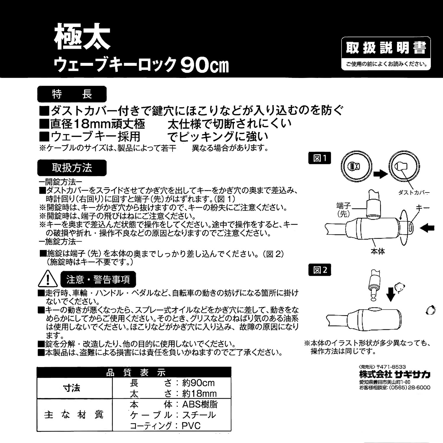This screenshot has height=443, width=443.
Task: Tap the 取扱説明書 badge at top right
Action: coord(386,48)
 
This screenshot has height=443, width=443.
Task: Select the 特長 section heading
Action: coord(72,94)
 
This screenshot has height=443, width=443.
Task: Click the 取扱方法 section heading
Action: coord(72,168)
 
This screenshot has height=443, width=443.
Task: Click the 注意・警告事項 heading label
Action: coord(98,279)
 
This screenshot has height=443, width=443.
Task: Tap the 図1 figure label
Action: coord(320,158)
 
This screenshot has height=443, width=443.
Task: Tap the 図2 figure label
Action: coord(320,270)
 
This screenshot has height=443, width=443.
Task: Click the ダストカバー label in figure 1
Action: coord(413,193)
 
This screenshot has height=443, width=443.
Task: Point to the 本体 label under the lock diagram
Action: coord(378,252)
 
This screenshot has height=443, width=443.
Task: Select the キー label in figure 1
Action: coord(422,208)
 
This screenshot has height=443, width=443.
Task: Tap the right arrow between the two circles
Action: coord(380,174)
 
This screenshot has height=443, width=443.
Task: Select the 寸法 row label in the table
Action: coord(72,388)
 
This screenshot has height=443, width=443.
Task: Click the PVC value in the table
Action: coord(191,426)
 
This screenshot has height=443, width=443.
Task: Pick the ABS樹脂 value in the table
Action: coord(200,404)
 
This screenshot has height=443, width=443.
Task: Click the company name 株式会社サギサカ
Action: coord(395,375)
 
